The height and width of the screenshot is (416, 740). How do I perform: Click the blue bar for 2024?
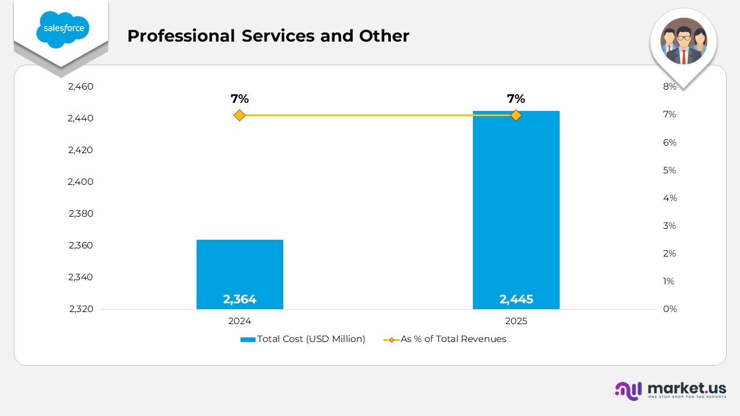[x=240, y=274]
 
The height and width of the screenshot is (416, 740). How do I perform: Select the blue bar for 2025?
[x=516, y=210]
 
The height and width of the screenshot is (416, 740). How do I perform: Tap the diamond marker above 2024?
[x=239, y=116]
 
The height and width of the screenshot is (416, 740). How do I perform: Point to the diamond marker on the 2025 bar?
[x=516, y=116]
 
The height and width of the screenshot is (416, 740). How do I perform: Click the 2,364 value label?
[x=239, y=299]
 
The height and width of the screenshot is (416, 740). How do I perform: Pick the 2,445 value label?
[x=516, y=299]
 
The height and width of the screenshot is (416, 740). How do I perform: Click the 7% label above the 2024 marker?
[x=239, y=98]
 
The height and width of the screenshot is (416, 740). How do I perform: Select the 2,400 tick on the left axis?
[x=80, y=181]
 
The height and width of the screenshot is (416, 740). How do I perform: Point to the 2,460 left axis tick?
[x=80, y=87]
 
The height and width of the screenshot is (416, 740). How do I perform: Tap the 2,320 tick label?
[x=82, y=309]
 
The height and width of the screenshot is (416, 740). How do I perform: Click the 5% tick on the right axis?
[x=669, y=170]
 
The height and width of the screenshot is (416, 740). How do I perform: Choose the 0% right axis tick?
[x=670, y=309]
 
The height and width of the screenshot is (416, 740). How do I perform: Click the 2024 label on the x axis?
[x=239, y=321]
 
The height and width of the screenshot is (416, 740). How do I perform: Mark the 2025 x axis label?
[x=516, y=321]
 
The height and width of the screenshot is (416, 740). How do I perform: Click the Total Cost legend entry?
[x=303, y=339]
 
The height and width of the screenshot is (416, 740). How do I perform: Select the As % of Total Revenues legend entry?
[x=445, y=339]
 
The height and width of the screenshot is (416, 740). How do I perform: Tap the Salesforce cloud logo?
[x=63, y=29]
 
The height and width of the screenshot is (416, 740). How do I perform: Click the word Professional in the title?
[x=181, y=36]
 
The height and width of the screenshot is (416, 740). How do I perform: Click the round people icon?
[x=683, y=41]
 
